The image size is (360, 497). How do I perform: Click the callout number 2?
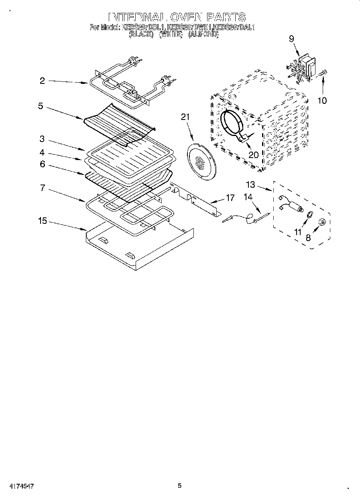[42, 81]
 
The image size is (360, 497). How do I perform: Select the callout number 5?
[41, 107]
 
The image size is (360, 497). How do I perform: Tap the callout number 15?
[43, 221]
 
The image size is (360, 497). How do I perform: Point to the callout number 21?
[185, 117]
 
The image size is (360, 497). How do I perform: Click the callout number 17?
[230, 197]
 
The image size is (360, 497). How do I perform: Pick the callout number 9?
[291, 39]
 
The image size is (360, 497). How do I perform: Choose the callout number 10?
[322, 100]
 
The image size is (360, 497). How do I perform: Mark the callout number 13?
[250, 185]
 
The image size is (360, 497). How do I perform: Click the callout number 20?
[253, 154]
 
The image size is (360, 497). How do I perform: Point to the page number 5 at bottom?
[180, 486]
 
